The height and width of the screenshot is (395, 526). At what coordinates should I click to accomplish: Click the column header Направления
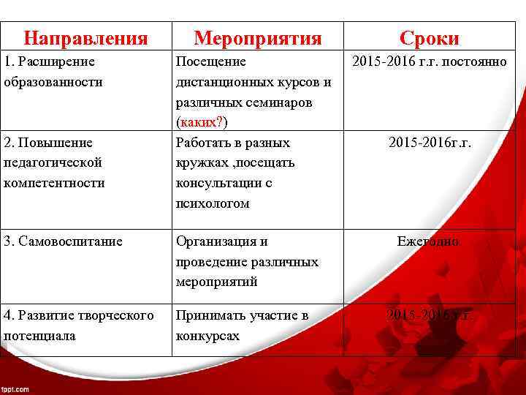click(85, 38)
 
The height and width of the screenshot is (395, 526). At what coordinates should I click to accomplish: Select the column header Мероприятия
click(257, 38)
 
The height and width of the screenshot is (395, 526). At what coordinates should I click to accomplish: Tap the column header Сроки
click(430, 38)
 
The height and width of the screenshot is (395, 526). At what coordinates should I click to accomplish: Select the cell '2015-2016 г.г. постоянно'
click(430, 62)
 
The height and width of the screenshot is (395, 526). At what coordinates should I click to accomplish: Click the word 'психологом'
click(213, 203)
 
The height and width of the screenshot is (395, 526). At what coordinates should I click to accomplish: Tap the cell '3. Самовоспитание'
click(63, 241)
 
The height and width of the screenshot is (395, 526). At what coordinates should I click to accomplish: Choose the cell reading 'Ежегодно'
click(428, 241)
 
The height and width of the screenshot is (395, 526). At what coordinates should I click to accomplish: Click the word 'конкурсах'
click(207, 336)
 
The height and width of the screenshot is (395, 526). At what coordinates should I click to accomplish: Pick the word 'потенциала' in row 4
click(39, 336)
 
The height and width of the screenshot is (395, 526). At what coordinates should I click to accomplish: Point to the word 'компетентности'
click(54, 183)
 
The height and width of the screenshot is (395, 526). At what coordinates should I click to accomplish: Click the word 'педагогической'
click(53, 162)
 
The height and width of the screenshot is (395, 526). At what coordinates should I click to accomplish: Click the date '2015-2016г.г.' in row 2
click(430, 143)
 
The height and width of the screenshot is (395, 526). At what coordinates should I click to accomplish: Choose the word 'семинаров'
click(282, 102)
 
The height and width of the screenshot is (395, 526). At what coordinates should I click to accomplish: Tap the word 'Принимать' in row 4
click(207, 315)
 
